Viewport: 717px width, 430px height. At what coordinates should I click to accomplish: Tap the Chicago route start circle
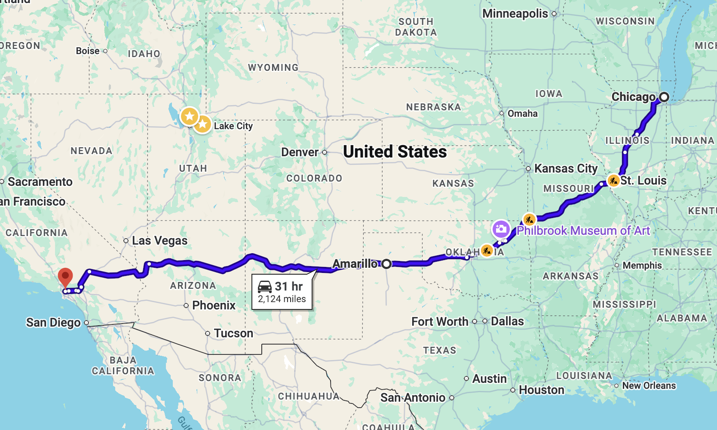(664, 97)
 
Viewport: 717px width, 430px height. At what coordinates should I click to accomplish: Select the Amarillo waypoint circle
(386, 264)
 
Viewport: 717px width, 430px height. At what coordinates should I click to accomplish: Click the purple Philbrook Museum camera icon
(501, 229)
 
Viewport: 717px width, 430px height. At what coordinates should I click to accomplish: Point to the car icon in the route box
(265, 286)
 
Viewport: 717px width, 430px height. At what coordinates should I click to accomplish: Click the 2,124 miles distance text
(282, 299)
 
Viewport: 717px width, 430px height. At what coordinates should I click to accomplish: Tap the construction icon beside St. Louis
(613, 180)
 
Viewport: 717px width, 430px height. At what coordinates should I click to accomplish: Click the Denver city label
(300, 152)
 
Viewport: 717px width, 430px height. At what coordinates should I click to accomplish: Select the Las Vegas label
(159, 241)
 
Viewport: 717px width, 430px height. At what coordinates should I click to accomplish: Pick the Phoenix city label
(214, 306)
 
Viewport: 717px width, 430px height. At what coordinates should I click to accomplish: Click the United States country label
(395, 152)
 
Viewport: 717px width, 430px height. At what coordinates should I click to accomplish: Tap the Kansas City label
(566, 169)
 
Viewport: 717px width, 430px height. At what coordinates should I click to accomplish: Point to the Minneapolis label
(515, 14)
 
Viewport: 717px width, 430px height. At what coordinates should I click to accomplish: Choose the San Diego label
(53, 323)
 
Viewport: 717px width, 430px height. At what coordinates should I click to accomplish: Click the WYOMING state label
(273, 68)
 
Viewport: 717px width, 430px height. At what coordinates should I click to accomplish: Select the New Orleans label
(649, 386)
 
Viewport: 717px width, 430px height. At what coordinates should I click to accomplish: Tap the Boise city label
(88, 51)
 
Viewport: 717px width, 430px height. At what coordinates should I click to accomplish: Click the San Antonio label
(413, 398)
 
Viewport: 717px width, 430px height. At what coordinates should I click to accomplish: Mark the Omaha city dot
(502, 113)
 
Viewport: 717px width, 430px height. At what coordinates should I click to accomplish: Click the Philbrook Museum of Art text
(583, 231)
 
